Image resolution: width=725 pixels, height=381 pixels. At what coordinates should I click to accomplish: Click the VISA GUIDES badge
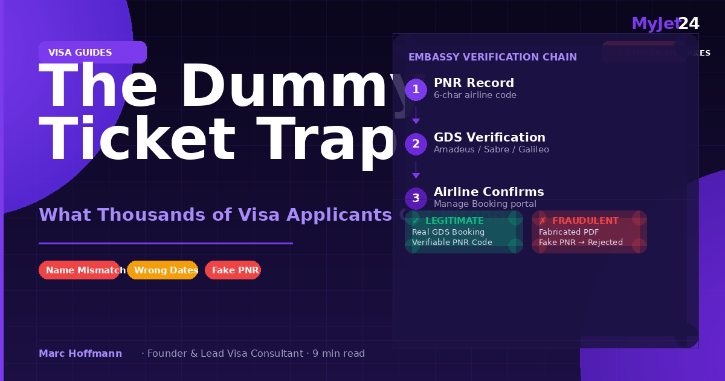tap(92, 53)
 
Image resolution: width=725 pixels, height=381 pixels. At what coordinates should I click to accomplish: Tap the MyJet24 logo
tap(665, 24)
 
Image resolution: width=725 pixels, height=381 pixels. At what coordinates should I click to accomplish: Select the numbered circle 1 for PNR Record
tap(416, 90)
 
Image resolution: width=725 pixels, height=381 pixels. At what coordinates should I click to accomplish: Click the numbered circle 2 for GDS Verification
tap(416, 144)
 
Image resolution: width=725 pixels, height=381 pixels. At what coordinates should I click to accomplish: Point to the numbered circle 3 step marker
tap(416, 198)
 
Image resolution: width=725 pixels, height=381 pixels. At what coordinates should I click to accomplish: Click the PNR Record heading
tap(474, 83)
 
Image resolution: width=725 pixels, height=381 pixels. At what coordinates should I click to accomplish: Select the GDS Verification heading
tap(489, 137)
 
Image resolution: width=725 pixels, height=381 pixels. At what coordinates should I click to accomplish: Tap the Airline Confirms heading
tap(489, 192)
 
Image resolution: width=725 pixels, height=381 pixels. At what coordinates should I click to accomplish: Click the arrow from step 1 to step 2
tap(416, 116)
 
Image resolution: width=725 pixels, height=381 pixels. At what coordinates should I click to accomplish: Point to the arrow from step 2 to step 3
tap(416, 170)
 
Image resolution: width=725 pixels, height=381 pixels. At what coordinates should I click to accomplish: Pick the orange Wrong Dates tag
tap(163, 270)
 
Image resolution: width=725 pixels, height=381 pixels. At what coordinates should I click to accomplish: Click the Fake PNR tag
tap(233, 270)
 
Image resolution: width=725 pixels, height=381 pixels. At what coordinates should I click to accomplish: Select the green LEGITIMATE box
tap(463, 232)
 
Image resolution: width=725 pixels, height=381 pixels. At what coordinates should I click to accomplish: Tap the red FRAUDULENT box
tap(589, 232)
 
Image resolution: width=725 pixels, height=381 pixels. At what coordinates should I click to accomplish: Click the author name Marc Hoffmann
tap(80, 353)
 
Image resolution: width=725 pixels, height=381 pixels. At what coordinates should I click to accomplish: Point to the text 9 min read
tap(338, 353)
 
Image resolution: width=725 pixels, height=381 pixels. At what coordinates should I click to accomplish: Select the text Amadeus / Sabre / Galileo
tap(491, 149)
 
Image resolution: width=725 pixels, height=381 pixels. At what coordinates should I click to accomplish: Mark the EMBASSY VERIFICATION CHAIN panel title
tap(492, 57)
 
